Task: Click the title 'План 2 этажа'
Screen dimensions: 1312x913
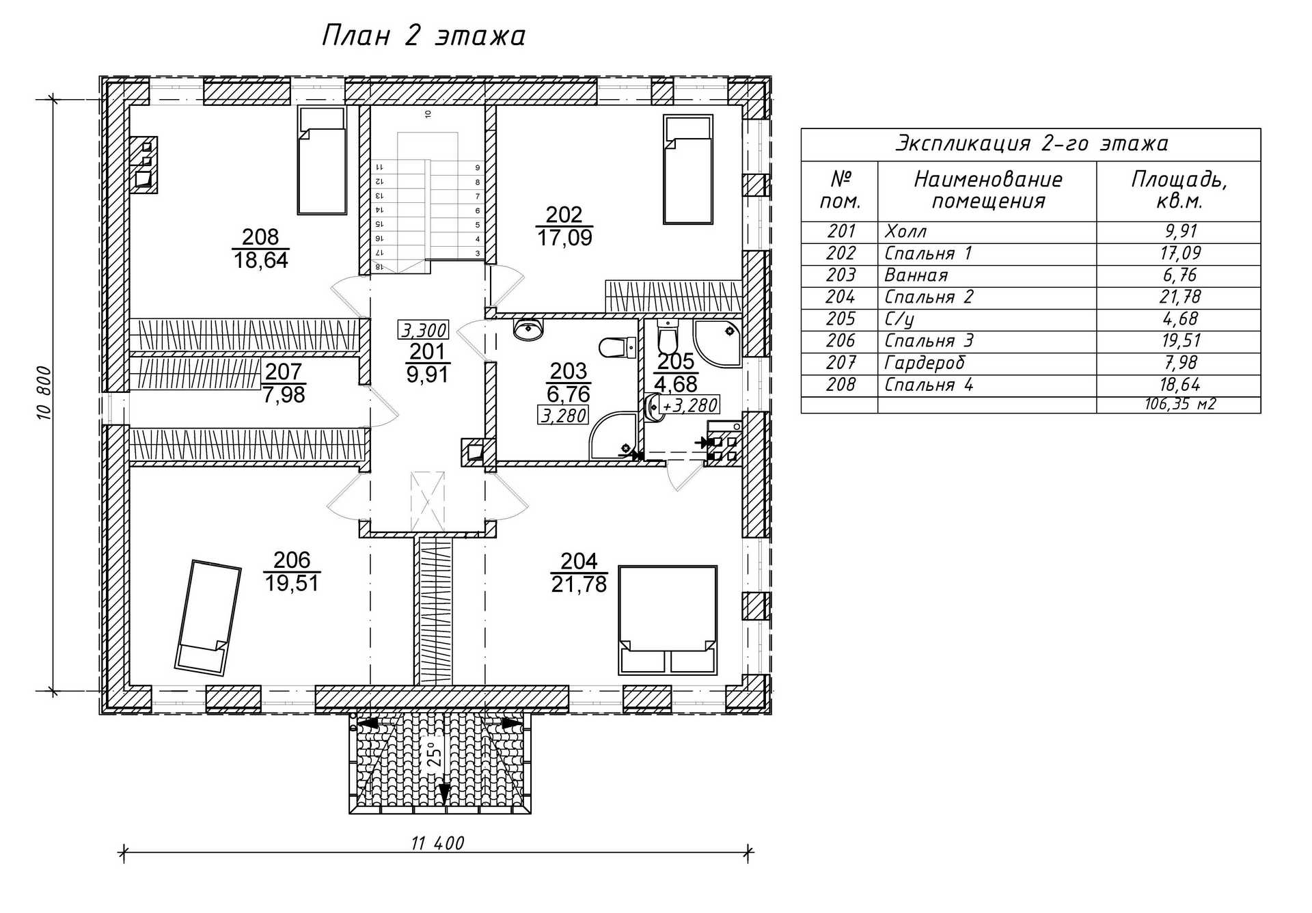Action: (x=424, y=36)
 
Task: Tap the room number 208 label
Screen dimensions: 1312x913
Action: (x=260, y=236)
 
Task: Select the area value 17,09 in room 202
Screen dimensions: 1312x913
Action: (x=564, y=238)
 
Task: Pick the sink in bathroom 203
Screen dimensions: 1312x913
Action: (x=528, y=329)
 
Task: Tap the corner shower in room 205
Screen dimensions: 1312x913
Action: (x=717, y=343)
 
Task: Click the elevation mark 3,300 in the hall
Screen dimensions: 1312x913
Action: (x=424, y=330)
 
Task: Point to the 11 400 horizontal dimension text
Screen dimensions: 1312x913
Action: (x=437, y=843)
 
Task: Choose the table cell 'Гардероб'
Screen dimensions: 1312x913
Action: (x=925, y=363)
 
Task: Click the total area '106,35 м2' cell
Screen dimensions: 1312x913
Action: (x=1180, y=404)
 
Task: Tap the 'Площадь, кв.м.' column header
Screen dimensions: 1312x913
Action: (x=1179, y=190)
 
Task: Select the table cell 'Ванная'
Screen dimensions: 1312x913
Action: (x=916, y=275)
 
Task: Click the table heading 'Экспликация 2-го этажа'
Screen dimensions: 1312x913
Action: (x=1032, y=144)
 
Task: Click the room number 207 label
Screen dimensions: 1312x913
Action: (x=283, y=371)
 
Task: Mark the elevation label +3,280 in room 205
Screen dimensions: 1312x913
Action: (x=689, y=405)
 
